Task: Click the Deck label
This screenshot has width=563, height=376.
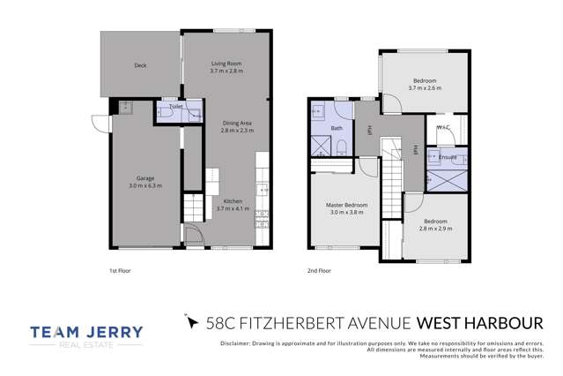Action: click(140, 65)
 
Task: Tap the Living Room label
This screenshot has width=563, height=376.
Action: click(226, 63)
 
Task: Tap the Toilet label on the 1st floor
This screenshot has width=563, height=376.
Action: click(175, 107)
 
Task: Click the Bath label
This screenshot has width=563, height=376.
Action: click(337, 128)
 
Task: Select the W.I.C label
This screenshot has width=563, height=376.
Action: click(443, 126)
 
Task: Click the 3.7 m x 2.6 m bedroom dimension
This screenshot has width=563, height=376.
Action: click(424, 87)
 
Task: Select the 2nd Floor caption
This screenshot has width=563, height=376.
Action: click(319, 272)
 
